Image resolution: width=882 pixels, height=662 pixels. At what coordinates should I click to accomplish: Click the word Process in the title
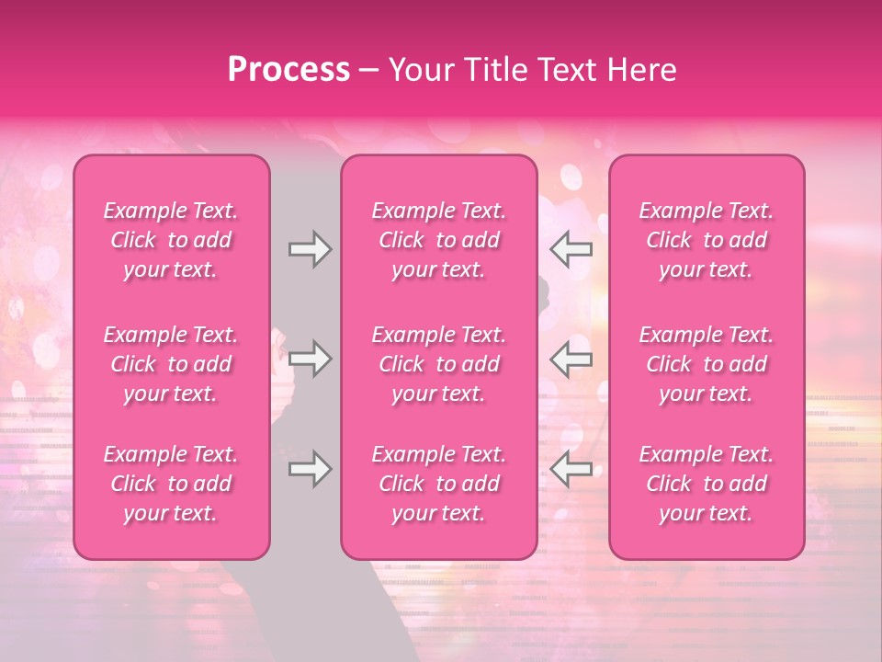[288, 70]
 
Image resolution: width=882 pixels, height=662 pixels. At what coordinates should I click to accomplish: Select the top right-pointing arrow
[310, 249]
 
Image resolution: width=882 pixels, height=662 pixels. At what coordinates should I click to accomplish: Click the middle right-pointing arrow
[310, 359]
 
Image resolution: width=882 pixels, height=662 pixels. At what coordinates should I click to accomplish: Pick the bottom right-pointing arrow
[310, 469]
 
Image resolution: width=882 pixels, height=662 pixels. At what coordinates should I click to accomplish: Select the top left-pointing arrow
[571, 249]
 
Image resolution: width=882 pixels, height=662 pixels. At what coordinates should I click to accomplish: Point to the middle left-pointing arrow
[571, 359]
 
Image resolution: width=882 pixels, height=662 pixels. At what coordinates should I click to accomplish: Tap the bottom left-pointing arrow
[571, 469]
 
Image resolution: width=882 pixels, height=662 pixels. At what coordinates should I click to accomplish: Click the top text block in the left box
[171, 240]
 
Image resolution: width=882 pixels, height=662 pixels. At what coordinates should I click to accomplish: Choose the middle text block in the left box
[171, 364]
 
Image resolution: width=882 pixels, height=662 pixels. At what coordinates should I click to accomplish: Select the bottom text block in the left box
[171, 484]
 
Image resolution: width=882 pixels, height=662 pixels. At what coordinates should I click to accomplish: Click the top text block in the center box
[439, 240]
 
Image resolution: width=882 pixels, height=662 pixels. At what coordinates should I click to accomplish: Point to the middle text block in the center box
[439, 364]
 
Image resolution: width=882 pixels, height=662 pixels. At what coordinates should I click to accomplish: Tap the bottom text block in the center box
[439, 484]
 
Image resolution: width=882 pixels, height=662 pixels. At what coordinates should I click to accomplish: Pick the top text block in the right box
[707, 240]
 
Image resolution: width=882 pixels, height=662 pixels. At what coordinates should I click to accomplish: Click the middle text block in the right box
[707, 364]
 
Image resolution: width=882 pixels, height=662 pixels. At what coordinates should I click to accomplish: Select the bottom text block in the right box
[707, 484]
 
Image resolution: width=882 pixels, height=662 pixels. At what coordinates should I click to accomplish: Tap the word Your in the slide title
[417, 70]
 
